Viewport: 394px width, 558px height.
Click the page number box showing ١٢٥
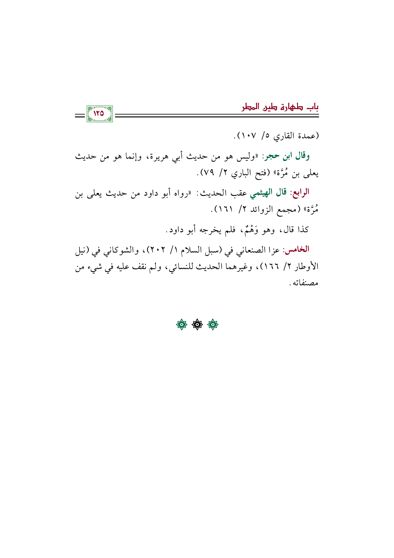pos(99,113)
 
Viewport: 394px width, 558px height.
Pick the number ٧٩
pos(207,174)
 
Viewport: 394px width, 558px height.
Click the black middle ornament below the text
pos(197,325)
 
